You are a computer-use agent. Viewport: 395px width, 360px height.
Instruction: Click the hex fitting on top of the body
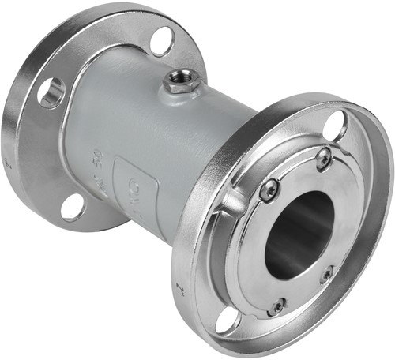coord(180,81)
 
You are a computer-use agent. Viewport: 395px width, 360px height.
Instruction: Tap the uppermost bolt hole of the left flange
coord(162,40)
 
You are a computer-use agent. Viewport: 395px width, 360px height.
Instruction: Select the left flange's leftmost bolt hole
coord(51,92)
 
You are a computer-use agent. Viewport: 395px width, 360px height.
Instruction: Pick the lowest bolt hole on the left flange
coord(73,206)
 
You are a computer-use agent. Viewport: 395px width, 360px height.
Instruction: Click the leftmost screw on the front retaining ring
coord(269,190)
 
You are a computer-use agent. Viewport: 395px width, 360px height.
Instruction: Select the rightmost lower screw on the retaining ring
coord(326,274)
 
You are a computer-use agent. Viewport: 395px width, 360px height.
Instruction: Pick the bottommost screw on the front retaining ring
coord(277,306)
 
